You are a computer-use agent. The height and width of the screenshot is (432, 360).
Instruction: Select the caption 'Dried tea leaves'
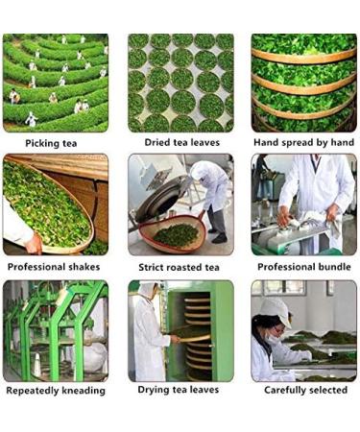(x=180, y=143)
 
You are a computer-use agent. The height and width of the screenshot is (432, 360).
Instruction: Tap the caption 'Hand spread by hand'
(x=303, y=143)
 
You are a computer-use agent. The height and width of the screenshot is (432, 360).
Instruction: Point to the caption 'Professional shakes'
(x=56, y=266)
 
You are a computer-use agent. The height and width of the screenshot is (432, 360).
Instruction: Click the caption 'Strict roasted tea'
(x=180, y=266)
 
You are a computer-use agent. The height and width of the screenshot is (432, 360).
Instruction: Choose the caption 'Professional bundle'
(x=303, y=266)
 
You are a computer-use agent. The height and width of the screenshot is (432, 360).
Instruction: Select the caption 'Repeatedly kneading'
(x=56, y=390)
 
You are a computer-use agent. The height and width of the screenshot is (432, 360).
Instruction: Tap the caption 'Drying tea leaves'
(x=180, y=390)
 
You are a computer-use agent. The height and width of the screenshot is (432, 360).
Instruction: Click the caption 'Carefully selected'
(x=303, y=390)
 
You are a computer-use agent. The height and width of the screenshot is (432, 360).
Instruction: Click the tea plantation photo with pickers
(x=55, y=83)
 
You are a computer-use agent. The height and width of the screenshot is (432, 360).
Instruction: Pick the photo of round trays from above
(x=180, y=83)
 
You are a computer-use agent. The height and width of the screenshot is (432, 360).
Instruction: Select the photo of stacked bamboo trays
(x=303, y=83)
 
